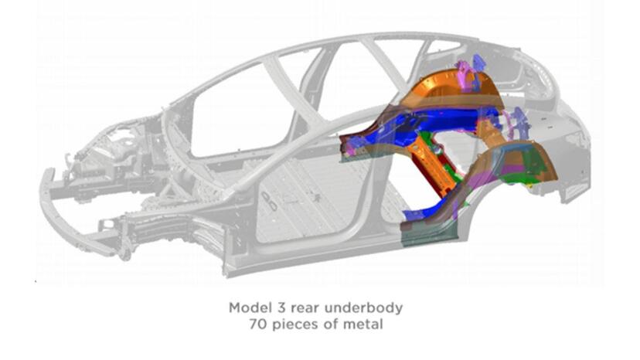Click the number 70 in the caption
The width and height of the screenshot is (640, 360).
258,324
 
